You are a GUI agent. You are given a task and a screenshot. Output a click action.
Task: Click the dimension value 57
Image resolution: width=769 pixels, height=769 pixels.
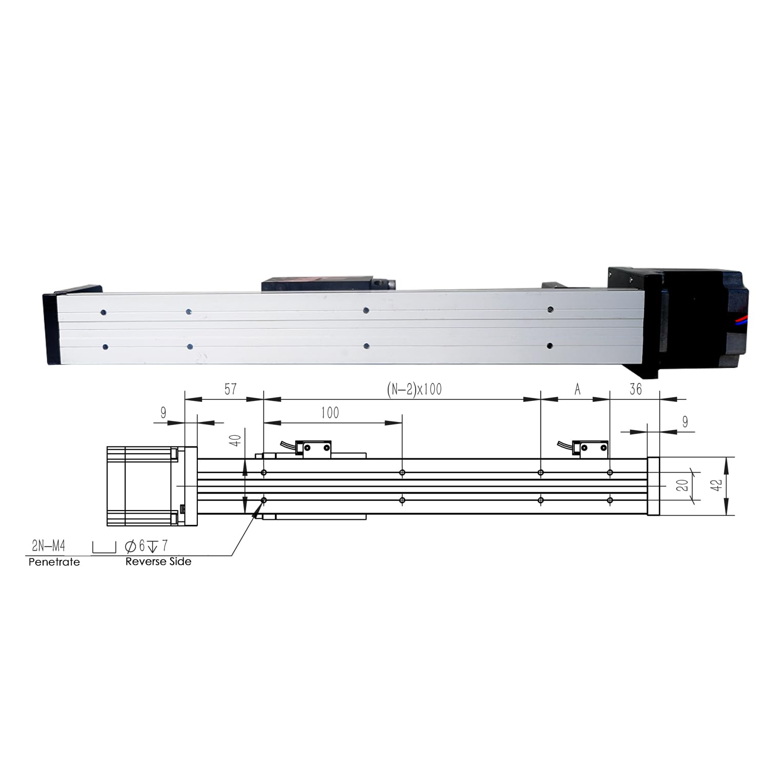230,389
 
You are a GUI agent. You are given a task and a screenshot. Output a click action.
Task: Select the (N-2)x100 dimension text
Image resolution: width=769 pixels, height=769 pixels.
414,389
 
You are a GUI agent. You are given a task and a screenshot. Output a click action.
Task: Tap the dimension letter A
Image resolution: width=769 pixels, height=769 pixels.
577,390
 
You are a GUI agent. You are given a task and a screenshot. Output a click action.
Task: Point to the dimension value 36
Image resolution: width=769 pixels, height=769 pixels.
635,389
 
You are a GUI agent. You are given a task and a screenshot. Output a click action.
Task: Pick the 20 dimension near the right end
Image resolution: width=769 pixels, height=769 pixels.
683,484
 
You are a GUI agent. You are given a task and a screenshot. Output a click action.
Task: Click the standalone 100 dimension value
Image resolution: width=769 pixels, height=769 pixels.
330,413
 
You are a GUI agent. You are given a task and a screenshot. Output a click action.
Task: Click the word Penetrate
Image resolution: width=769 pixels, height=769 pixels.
54,562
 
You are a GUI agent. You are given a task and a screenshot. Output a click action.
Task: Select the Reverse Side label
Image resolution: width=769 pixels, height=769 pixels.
158,561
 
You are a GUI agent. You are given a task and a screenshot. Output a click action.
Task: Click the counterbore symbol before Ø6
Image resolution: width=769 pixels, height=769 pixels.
104,547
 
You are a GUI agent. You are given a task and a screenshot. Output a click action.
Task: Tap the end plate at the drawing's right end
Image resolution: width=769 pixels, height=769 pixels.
653,486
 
